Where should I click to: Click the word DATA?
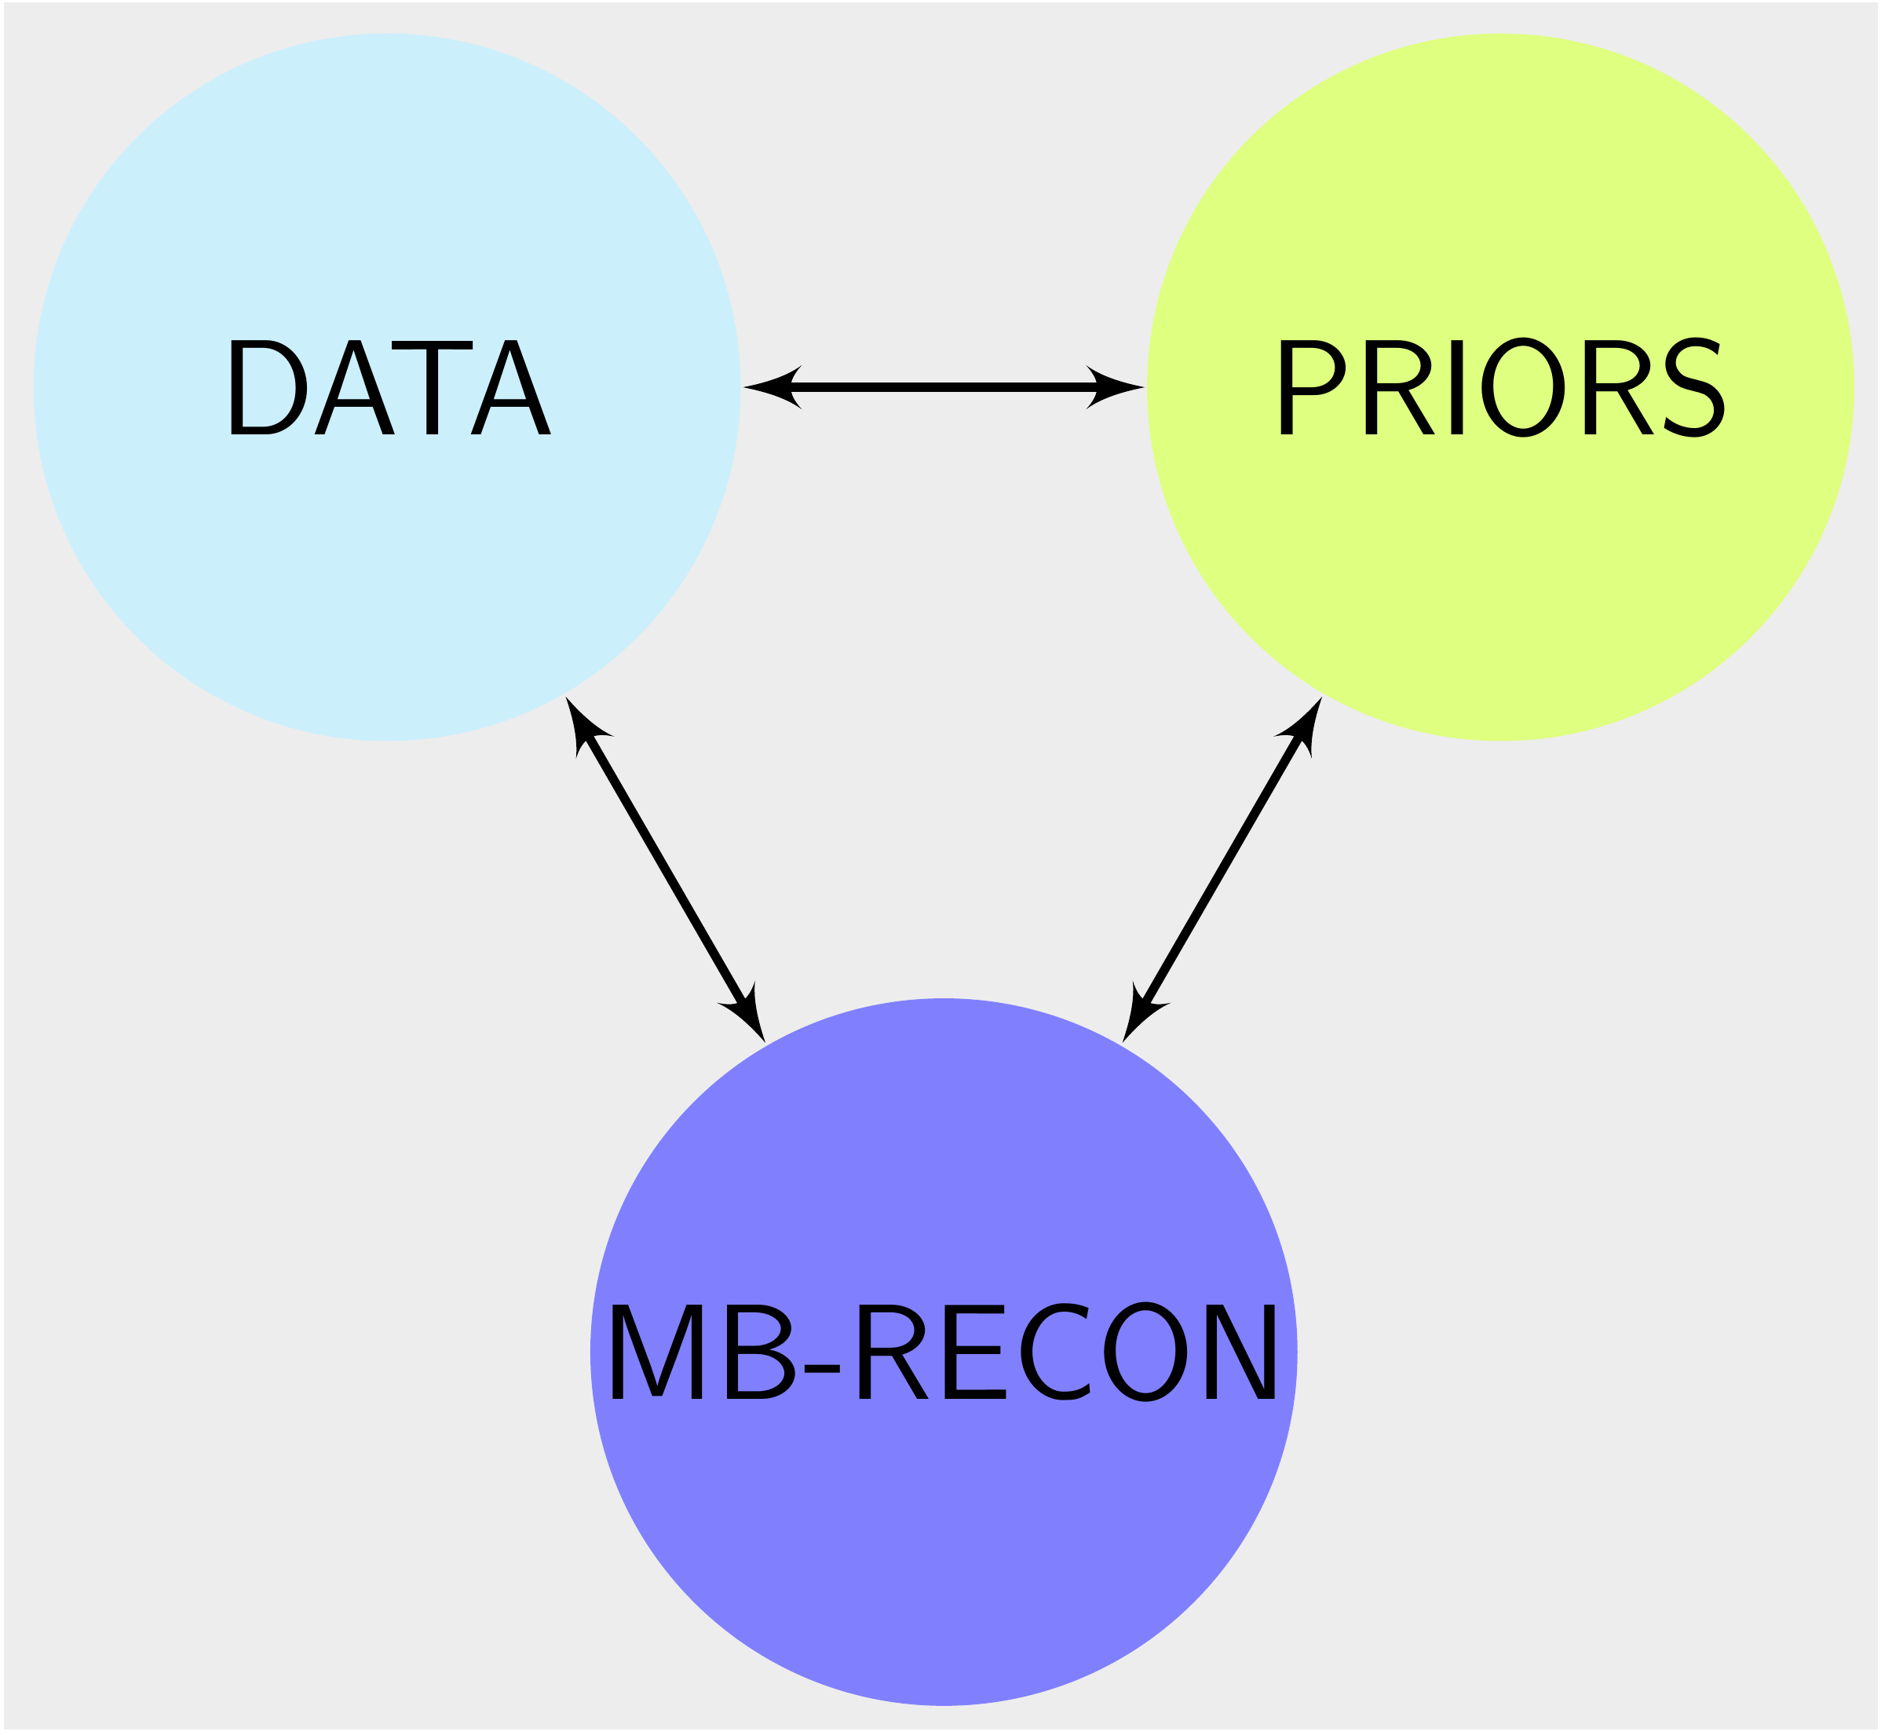[389, 386]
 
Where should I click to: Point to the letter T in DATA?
[432, 386]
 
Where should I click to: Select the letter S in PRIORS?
[1693, 386]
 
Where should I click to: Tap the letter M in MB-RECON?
[656, 1352]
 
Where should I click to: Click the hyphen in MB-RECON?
[821, 1368]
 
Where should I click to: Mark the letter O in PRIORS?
[1522, 386]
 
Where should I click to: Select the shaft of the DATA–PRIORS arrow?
[944, 386]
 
